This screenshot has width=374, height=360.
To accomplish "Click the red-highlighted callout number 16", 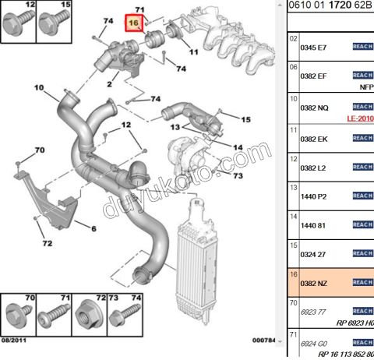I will pyautogui.click(x=133, y=24).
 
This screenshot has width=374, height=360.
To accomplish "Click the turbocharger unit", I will pyautogui.click(x=187, y=153).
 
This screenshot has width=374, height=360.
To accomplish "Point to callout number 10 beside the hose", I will pyautogui.click(x=39, y=87).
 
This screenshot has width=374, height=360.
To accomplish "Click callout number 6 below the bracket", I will pyautogui.click(x=93, y=228).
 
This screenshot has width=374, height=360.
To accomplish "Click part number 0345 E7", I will pyautogui.click(x=313, y=47).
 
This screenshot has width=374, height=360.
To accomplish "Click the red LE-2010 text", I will pyautogui.click(x=359, y=118).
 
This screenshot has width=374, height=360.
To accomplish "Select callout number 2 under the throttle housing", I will pyautogui.click(x=111, y=82).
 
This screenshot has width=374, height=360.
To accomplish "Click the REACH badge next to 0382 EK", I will pyautogui.click(x=363, y=138).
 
